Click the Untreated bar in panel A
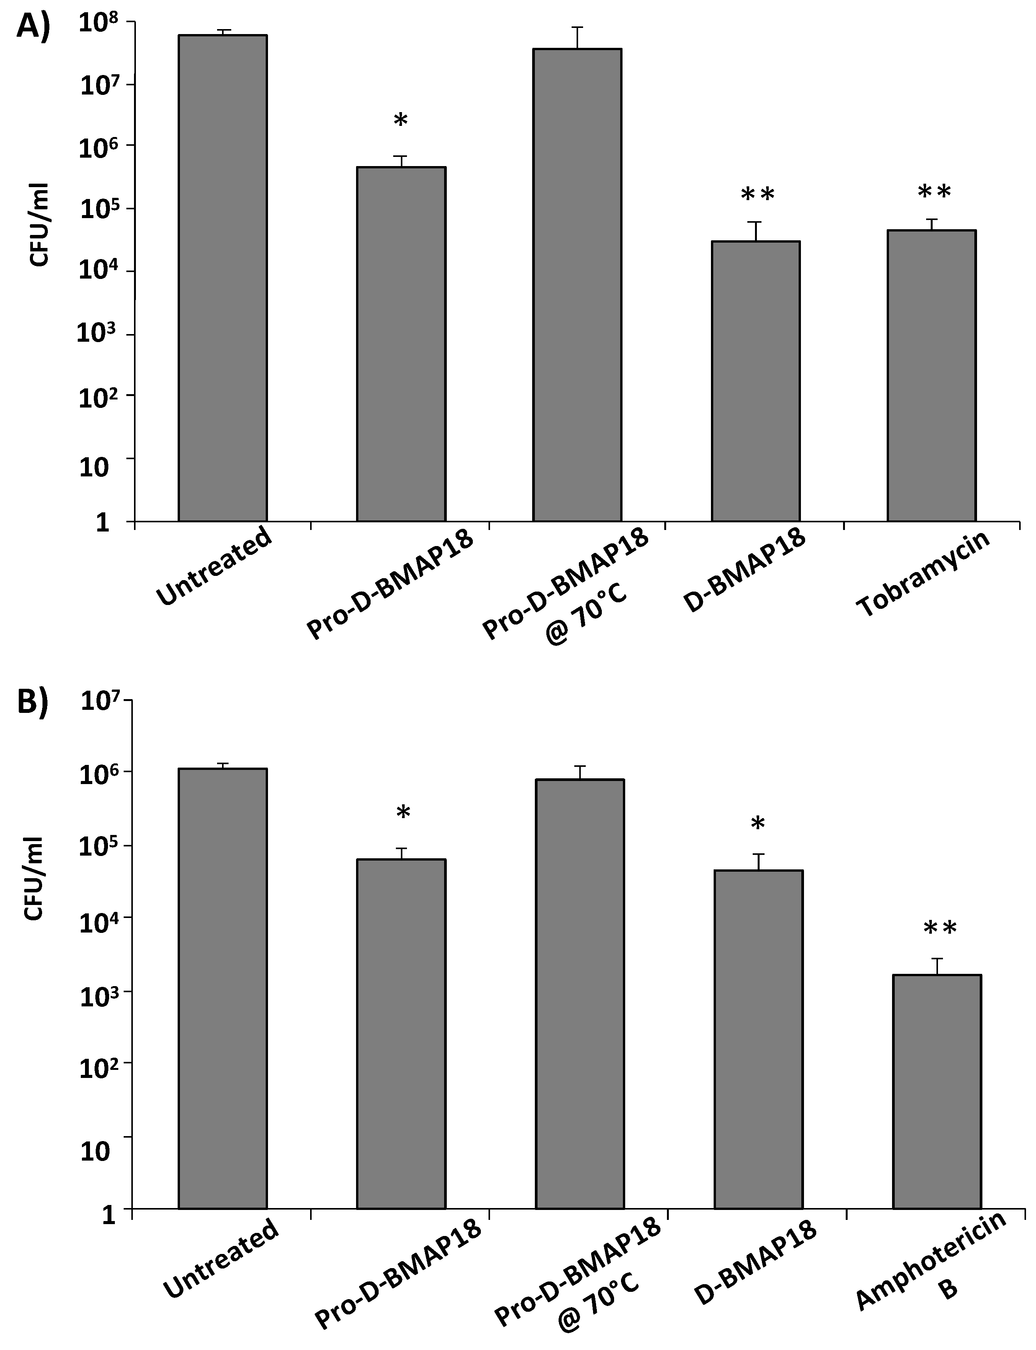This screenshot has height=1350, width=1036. pyautogui.click(x=222, y=277)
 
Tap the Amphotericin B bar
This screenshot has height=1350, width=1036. pyautogui.click(x=937, y=1091)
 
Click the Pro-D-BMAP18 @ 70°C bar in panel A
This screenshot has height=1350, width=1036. pyautogui.click(x=577, y=284)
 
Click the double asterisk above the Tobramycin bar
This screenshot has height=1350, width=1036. pyautogui.click(x=934, y=192)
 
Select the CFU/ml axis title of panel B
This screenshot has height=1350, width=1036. pyautogui.click(x=34, y=879)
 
